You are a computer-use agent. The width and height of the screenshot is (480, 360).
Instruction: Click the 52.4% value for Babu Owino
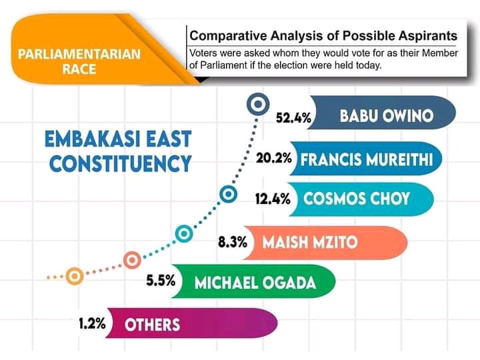[x=293, y=117]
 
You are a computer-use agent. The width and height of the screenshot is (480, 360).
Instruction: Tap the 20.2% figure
[x=274, y=158]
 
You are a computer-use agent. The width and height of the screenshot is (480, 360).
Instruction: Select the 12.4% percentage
[x=273, y=199]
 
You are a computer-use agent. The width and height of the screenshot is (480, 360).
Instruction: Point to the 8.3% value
[x=233, y=242]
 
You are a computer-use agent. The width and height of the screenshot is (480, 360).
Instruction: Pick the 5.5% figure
[x=161, y=280]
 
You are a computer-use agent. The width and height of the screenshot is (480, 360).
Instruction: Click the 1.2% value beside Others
[x=92, y=323]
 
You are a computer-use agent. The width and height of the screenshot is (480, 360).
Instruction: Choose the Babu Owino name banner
[x=382, y=113]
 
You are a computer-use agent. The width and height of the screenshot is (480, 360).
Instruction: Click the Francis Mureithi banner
[x=365, y=159]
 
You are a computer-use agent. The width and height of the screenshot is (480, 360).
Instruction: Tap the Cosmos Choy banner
[x=360, y=199]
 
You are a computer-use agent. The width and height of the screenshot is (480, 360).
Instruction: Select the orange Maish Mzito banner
[x=325, y=243]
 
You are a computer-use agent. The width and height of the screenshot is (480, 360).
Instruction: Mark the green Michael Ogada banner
[x=253, y=281]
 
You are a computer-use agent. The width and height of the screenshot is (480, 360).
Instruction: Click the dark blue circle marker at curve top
[x=258, y=105]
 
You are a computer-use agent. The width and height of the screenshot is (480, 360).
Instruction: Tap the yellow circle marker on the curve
[x=75, y=276]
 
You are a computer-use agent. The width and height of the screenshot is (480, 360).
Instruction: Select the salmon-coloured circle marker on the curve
[x=132, y=260]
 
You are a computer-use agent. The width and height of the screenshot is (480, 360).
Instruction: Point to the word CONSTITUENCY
[x=120, y=163]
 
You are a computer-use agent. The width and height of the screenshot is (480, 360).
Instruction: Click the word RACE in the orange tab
[x=79, y=69]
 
